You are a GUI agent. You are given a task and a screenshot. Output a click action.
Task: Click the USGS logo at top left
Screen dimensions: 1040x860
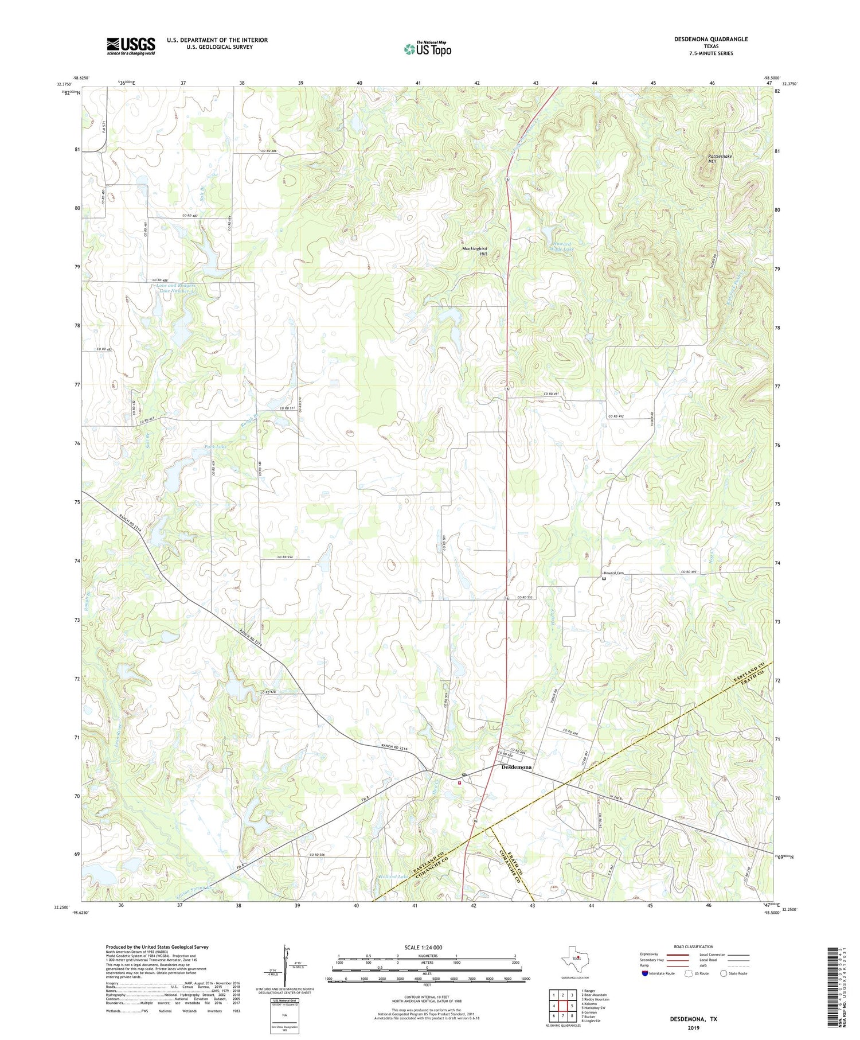pyautogui.click(x=131, y=46)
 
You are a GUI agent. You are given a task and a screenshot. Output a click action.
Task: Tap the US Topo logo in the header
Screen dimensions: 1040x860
pyautogui.click(x=427, y=49)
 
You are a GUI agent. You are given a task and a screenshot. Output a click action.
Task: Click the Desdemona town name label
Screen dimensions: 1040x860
pyautogui.click(x=516, y=767)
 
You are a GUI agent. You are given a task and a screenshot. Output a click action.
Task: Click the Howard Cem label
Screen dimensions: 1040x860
pyautogui.click(x=613, y=573)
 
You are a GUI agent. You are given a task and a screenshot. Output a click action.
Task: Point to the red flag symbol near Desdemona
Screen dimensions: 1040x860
pyautogui.click(x=459, y=781)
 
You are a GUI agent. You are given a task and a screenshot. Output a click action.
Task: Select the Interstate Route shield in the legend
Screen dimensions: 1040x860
pyautogui.click(x=646, y=973)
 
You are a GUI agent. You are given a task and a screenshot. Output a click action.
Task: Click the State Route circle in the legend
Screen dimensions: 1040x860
pyautogui.click(x=724, y=973)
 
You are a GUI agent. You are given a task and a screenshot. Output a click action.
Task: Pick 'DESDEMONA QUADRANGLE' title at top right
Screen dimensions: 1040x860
pyautogui.click(x=711, y=39)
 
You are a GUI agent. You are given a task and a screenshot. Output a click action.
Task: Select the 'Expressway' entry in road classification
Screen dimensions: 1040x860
pyautogui.click(x=650, y=955)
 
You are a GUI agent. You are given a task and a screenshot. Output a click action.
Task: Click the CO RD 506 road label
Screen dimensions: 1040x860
pyautogui.click(x=318, y=855)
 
